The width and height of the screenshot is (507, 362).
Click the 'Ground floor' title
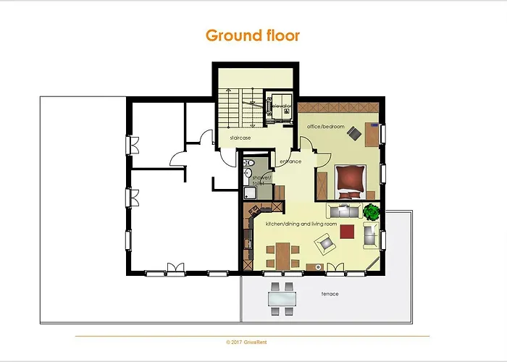click(253, 35)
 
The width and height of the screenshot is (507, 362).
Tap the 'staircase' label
click(240, 137)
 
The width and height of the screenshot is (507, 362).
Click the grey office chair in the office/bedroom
click(354, 132)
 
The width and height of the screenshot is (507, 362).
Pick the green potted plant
click(372, 213)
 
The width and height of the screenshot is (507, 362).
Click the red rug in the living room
click(347, 232)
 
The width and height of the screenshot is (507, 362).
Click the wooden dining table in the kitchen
click(280, 254)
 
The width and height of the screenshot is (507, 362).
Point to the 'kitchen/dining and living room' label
click(301, 224)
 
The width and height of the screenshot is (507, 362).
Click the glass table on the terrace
click(282, 298)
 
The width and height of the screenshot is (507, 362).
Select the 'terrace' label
click(330, 294)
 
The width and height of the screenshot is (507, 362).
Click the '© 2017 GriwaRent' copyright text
click(253, 341)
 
